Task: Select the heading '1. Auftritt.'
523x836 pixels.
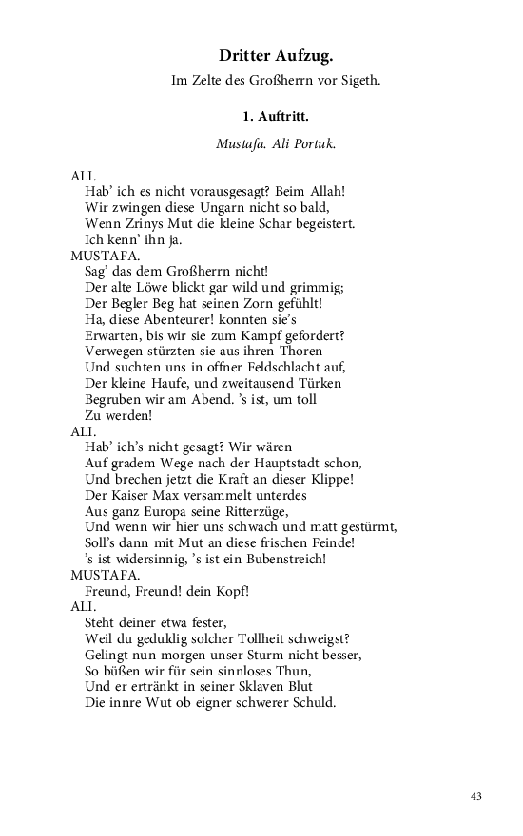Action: click(275, 117)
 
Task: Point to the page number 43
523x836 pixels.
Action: click(475, 796)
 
